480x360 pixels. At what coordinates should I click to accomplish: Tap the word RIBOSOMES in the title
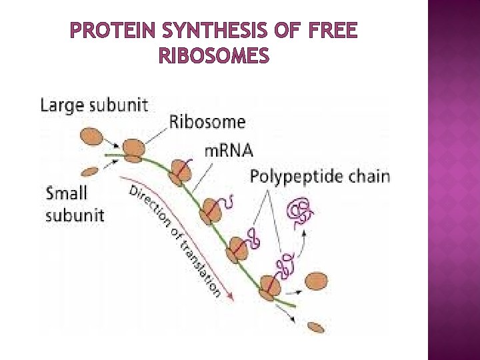(x=215, y=57)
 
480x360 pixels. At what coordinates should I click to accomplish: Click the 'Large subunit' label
(x=95, y=105)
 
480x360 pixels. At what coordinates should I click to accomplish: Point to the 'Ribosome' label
(x=207, y=121)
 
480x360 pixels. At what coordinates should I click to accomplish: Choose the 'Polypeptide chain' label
(x=320, y=176)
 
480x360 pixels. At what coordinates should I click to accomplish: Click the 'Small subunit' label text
(x=75, y=204)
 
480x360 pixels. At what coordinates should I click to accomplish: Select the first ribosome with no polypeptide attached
(x=133, y=149)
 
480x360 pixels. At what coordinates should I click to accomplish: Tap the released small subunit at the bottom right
(x=315, y=327)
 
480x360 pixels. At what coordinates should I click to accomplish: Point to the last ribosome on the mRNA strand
(x=271, y=285)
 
